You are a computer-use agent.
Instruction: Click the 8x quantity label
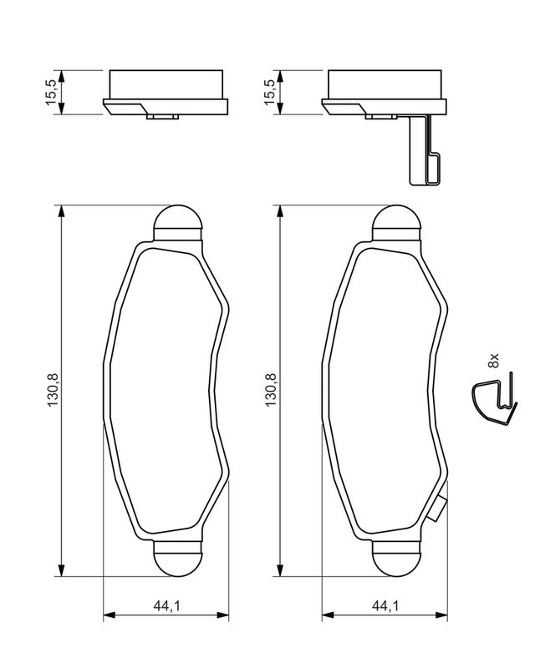pos(493,362)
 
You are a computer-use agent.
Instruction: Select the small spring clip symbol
pos(493,402)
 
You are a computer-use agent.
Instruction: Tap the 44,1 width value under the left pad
pos(165,606)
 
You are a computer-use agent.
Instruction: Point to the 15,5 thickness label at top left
pos(53,92)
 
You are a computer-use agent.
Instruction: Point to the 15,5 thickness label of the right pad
pos(270,92)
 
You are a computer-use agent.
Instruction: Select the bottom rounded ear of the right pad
pos(396,559)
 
